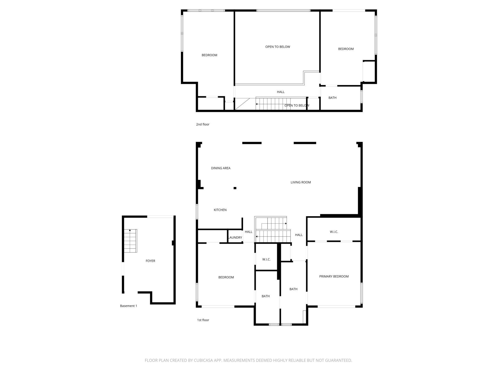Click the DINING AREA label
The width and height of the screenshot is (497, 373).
click(x=221, y=168)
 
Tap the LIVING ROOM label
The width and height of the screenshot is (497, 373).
click(x=301, y=182)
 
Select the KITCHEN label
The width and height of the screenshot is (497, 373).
click(x=220, y=210)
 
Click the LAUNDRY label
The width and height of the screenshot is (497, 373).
click(x=235, y=238)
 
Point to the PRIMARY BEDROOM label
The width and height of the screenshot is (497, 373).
click(x=334, y=276)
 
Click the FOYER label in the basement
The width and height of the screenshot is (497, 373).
click(x=150, y=261)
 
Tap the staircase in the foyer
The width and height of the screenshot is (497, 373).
click(x=130, y=241)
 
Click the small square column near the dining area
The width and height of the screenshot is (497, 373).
click(x=235, y=188)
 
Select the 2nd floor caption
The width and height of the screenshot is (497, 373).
click(x=203, y=124)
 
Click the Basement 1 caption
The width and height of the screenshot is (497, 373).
click(x=128, y=306)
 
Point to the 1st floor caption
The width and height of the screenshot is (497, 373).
click(x=203, y=320)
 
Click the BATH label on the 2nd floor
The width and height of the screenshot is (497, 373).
click(x=332, y=98)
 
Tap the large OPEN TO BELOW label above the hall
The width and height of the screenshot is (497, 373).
click(x=277, y=47)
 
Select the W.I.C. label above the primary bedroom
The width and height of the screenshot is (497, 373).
click(x=334, y=232)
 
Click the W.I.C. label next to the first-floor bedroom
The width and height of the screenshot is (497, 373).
click(x=266, y=259)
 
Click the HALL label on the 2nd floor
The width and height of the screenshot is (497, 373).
click(x=281, y=92)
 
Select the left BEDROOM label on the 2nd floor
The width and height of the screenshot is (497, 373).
click(x=209, y=55)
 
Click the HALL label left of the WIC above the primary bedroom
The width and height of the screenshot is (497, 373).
click(x=299, y=235)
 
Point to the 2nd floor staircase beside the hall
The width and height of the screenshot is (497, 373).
click(x=272, y=104)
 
